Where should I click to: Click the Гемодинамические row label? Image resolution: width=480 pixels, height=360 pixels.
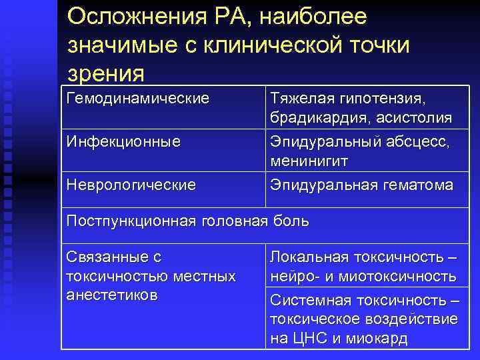[138, 99]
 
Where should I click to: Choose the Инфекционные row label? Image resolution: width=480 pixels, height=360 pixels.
[124, 141]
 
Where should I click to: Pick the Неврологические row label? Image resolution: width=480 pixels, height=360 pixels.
[131, 184]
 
